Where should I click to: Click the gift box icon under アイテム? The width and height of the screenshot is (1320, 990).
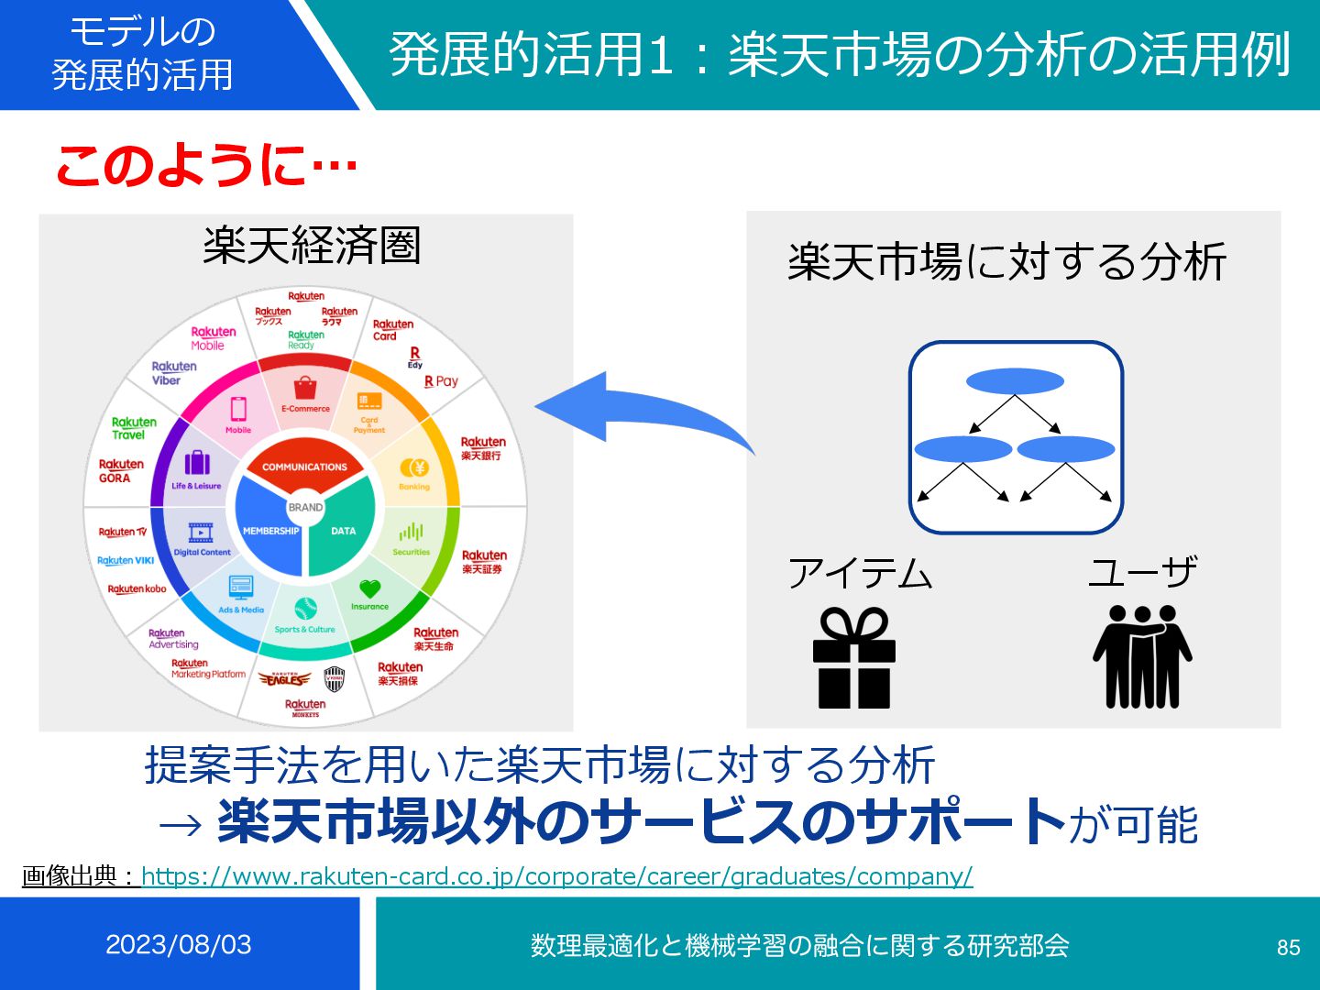853,658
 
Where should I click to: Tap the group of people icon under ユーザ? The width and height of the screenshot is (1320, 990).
1142,656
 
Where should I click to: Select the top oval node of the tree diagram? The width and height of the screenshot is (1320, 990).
1015,380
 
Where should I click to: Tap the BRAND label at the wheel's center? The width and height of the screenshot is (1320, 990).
305,507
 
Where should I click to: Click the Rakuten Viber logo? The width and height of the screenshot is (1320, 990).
173,373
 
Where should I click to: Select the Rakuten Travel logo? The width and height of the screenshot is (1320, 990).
134,428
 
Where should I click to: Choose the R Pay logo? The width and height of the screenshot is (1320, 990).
441,381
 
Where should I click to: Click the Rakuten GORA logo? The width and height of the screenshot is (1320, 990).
121,470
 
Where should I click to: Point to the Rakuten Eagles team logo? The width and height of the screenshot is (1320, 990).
285,679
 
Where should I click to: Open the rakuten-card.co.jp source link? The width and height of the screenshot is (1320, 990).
556,876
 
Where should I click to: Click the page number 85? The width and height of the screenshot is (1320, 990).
1288,947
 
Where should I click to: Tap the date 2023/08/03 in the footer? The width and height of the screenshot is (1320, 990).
178,944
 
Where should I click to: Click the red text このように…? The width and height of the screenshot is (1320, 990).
206,166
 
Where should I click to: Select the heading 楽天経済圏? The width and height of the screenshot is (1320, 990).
311,246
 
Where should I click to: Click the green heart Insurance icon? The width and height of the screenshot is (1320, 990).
369,588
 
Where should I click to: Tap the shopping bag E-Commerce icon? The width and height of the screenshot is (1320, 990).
305,388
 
